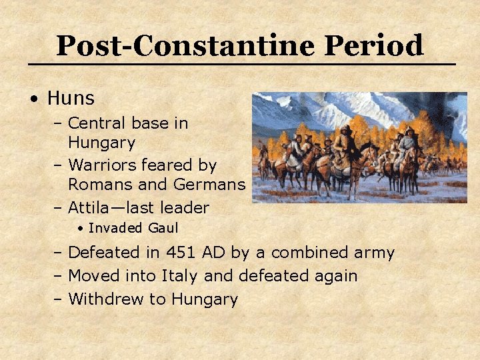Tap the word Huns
pos(71,99)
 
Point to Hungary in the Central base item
pos(101,143)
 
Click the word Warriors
pos(103,164)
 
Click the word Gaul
pos(163,228)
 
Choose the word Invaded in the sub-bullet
pos(116,228)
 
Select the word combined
pos(309,253)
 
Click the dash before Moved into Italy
pos(58,276)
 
